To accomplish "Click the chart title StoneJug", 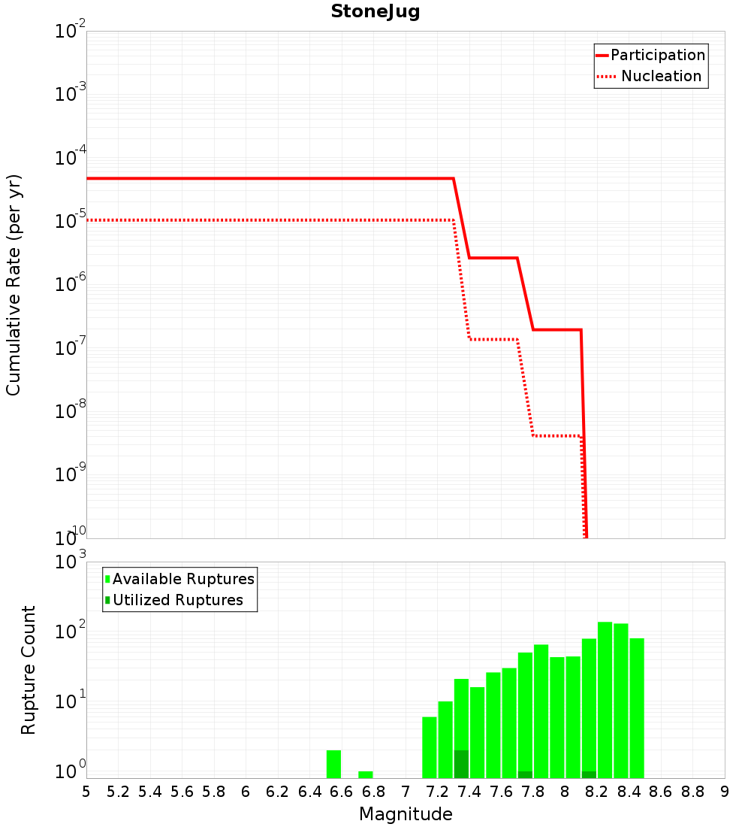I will tap(375, 12).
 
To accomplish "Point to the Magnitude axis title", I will tap(406, 814).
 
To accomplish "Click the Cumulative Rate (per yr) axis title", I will tap(14, 285).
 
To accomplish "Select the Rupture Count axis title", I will tap(29, 670).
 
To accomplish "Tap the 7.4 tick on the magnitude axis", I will tap(469, 792).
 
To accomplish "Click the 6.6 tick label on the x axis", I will tap(342, 792).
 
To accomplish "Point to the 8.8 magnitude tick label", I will tap(692, 792).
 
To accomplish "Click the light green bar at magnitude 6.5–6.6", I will tap(334, 764).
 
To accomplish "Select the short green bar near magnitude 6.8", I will tap(366, 774).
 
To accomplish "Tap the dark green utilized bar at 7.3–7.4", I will tap(461, 764).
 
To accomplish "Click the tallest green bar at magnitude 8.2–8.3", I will tap(605, 700).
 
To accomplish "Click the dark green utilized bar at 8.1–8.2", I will tap(589, 774).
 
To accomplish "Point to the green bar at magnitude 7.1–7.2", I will tap(430, 747).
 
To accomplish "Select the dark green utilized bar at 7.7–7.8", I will tap(525, 774).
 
